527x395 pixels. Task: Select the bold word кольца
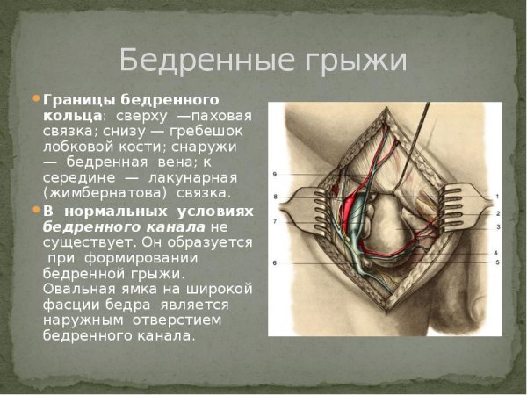(x=73, y=115)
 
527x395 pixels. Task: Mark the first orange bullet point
(x=37, y=98)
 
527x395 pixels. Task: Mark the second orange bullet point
(x=37, y=212)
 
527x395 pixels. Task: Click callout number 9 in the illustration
(x=275, y=174)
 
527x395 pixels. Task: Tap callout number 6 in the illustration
(x=275, y=262)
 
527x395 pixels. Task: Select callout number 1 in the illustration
(x=497, y=197)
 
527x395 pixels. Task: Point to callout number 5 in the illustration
(x=497, y=262)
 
